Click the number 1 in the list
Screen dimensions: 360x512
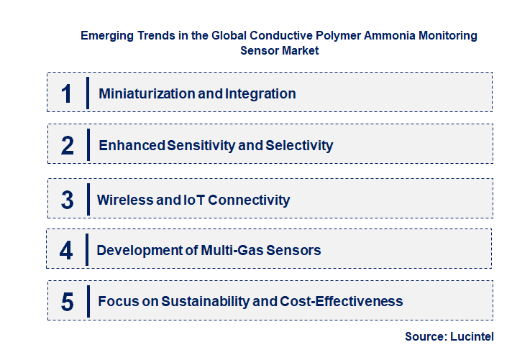(x=67, y=93)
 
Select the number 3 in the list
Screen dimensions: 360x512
(x=68, y=200)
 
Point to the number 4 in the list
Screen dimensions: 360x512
(x=66, y=251)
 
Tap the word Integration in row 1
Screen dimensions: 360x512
(x=260, y=93)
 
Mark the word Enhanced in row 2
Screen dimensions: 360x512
(x=132, y=145)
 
